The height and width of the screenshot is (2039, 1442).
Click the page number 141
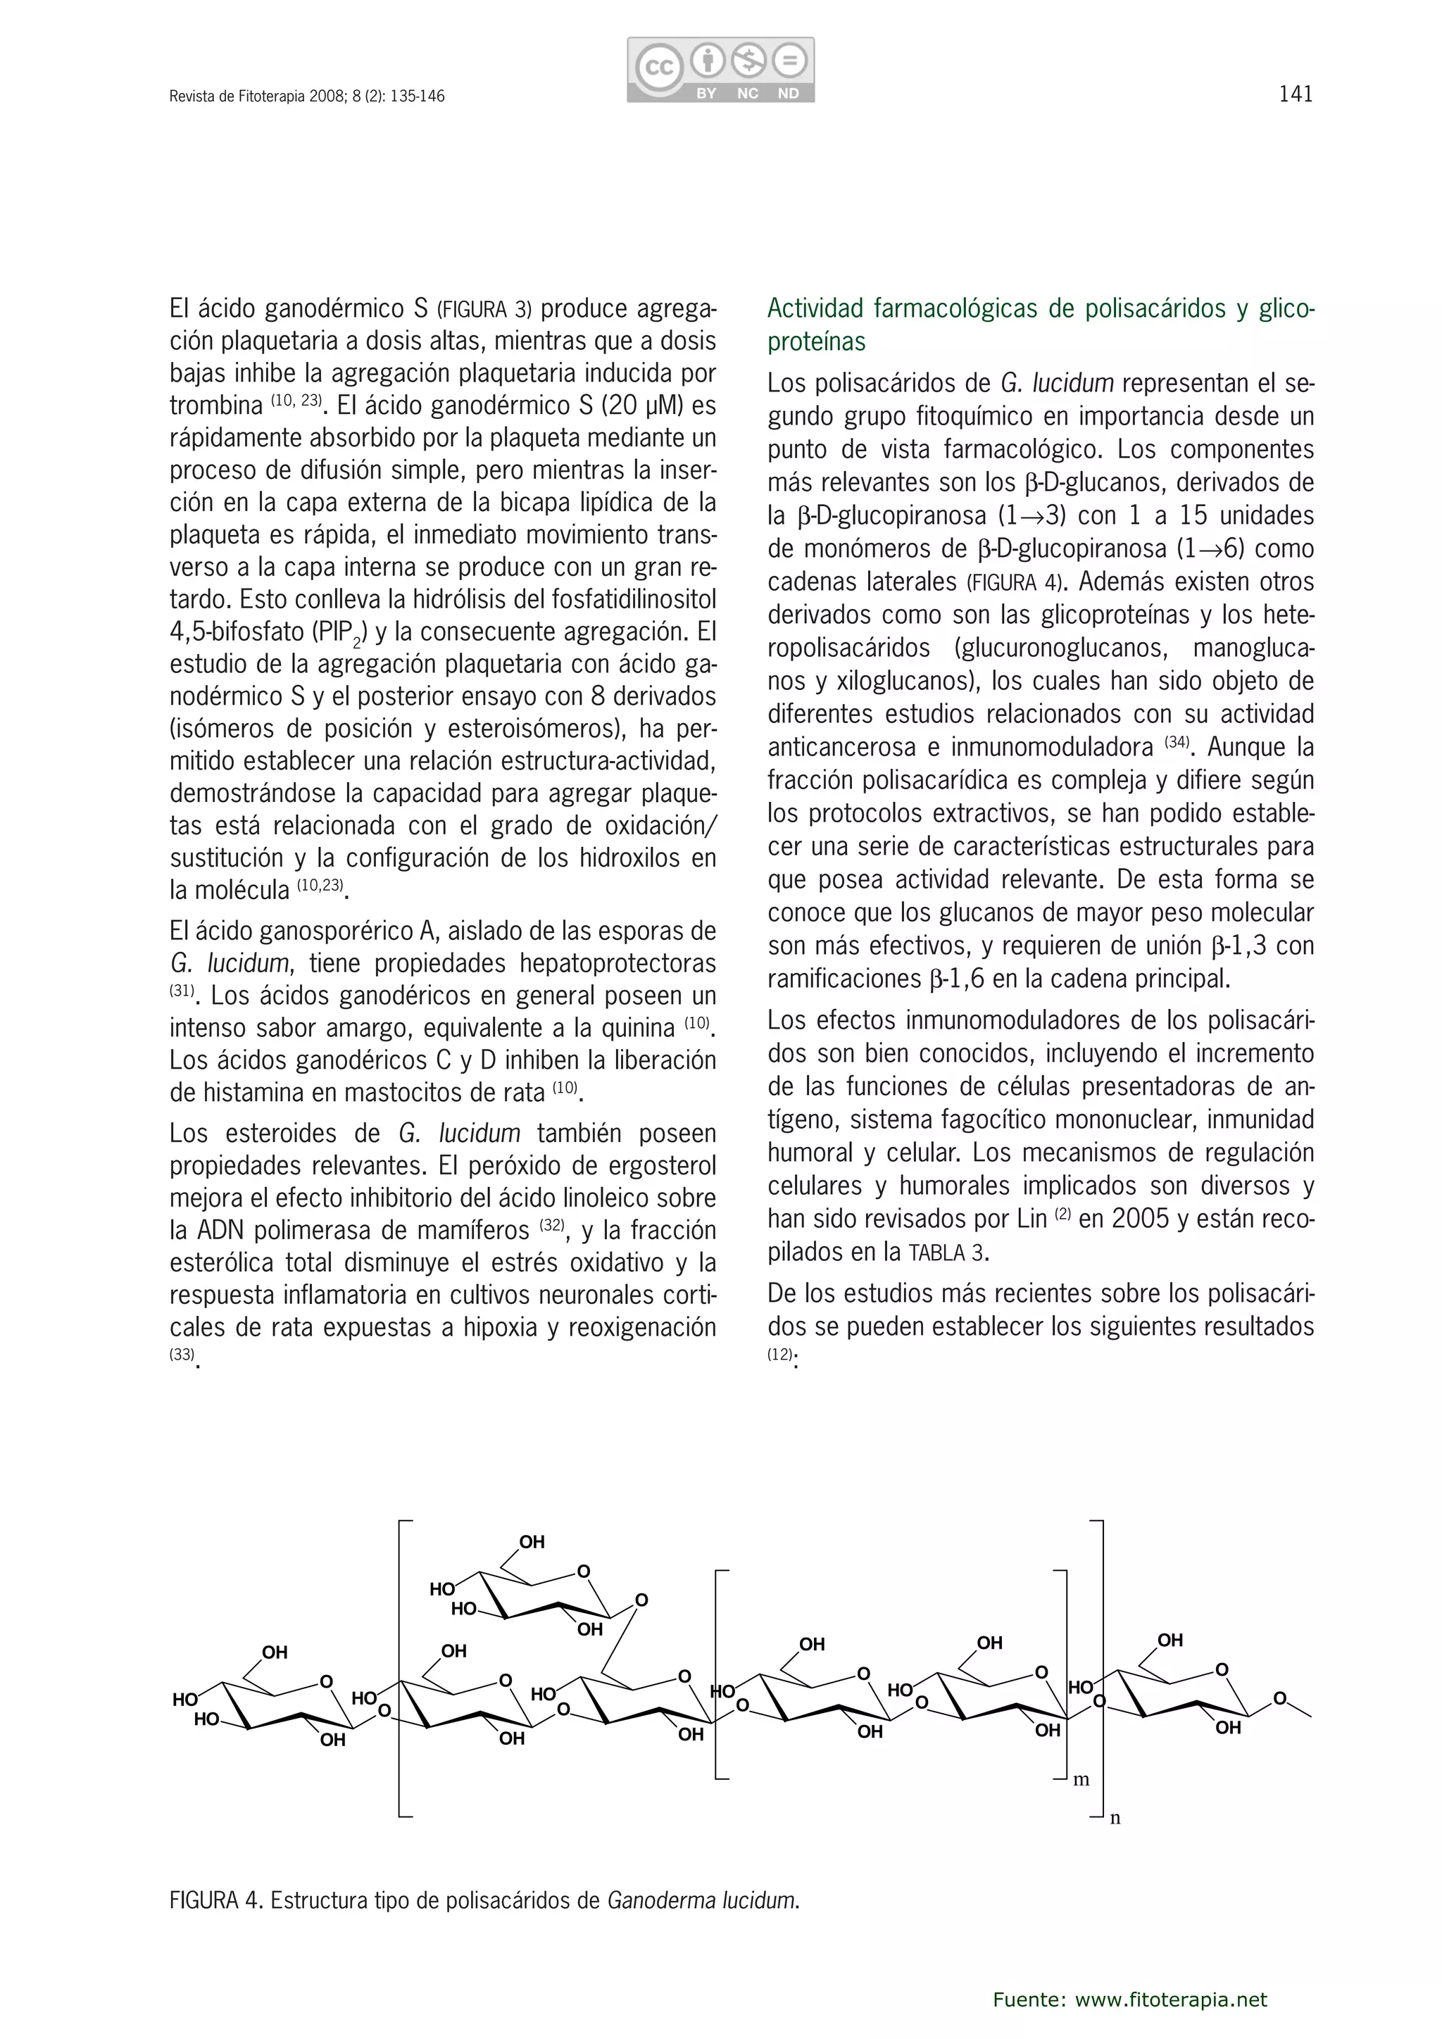[1296, 94]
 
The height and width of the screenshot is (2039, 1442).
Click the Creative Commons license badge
[720, 69]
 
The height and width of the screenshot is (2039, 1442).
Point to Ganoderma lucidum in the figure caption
[701, 1900]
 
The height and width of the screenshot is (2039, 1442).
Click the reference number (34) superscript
[1177, 741]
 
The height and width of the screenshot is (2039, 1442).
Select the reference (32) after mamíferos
[551, 1226]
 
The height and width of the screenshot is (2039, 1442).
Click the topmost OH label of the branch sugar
[531, 1542]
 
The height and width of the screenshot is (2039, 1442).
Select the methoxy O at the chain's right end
[1279, 1699]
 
